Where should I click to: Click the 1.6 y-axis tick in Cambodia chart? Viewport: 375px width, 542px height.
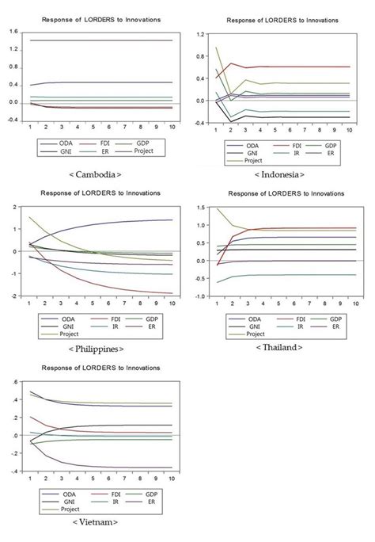(13, 31)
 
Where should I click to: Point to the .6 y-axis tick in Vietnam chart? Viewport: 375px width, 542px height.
(14, 382)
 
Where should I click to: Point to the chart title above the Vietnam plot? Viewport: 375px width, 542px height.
(99, 368)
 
